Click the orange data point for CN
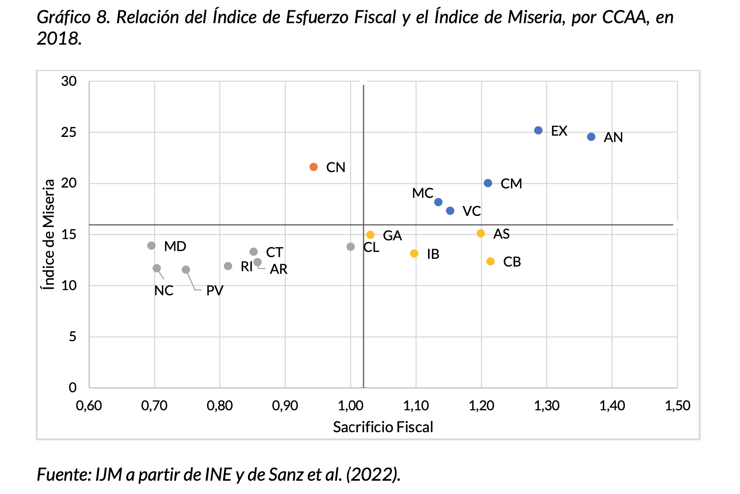pyautogui.click(x=313, y=167)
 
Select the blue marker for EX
pyautogui.click(x=538, y=130)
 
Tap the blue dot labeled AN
pyautogui.click(x=591, y=137)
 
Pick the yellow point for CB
pyautogui.click(x=490, y=261)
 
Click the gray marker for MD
pyautogui.click(x=151, y=245)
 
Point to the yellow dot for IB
pyautogui.click(x=414, y=254)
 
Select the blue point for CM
pyautogui.click(x=488, y=183)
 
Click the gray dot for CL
pyautogui.click(x=351, y=247)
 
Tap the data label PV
pyautogui.click(x=214, y=291)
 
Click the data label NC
pyautogui.click(x=164, y=291)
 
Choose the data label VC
pyautogui.click(x=471, y=211)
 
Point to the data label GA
pyautogui.click(x=392, y=236)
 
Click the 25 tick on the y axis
pyautogui.click(x=69, y=132)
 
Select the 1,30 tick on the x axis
pyautogui.click(x=547, y=406)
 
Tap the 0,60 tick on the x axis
pyautogui.click(x=89, y=406)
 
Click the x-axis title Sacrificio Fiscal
pyautogui.click(x=383, y=427)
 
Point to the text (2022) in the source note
pyautogui.click(x=373, y=475)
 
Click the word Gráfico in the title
pyautogui.click(x=63, y=17)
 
